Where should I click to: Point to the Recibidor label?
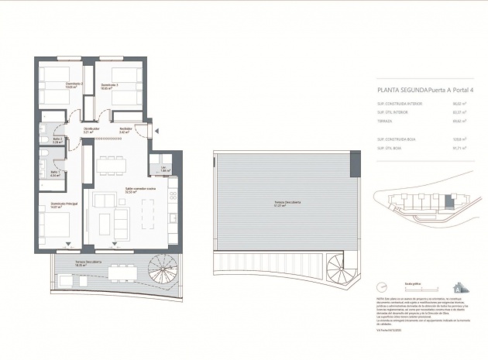coord(125,129)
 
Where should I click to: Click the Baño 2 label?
coord(57,140)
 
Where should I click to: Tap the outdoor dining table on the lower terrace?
coord(119,270)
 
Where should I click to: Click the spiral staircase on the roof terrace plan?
coord(340,272)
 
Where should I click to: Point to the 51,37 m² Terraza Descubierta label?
coord(283,205)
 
